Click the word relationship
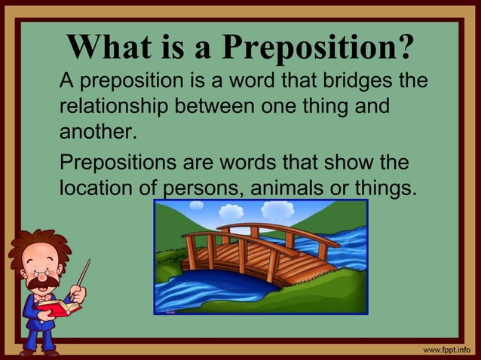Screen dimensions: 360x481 click(115, 106)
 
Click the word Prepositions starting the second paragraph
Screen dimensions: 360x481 click(121, 162)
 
